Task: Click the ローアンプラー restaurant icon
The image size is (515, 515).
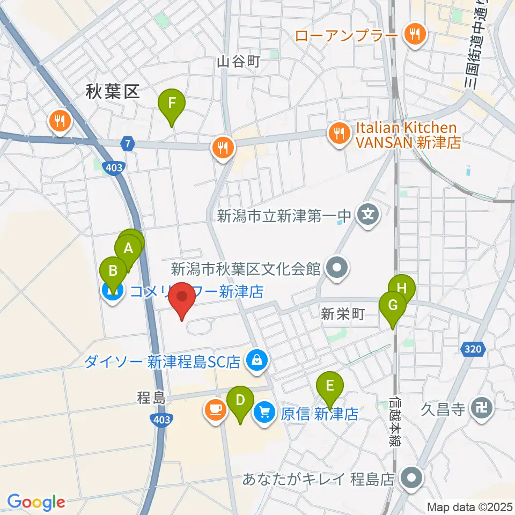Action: point(414,35)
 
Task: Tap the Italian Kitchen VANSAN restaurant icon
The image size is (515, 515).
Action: point(339,134)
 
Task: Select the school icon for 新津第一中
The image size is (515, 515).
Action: point(367,216)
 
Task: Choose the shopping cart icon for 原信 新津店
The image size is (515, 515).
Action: point(265,413)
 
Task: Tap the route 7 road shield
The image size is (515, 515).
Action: point(127,144)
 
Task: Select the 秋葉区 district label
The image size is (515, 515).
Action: point(113,93)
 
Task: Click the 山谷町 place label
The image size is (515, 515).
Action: point(238,62)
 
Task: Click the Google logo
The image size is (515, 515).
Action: point(36,502)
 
